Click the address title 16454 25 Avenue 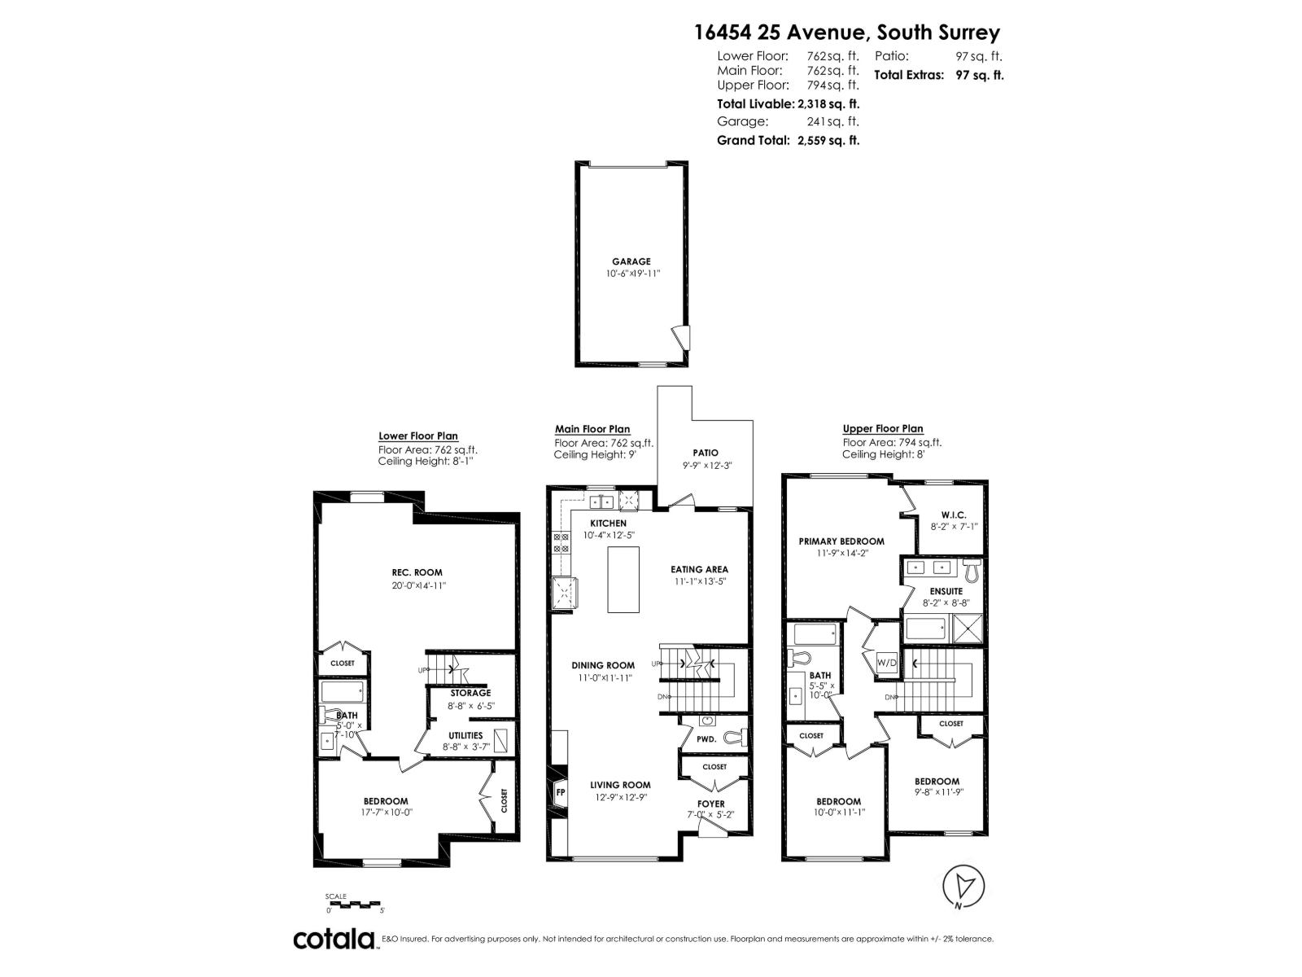click(846, 33)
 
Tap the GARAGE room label click(631, 261)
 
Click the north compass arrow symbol click(964, 886)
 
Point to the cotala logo click(334, 939)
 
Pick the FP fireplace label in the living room click(561, 792)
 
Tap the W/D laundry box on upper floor click(886, 663)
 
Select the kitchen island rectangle click(623, 579)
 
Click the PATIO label click(706, 453)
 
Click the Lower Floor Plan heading click(418, 436)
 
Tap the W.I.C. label click(953, 515)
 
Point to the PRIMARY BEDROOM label click(841, 541)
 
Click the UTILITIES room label click(465, 735)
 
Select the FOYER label click(711, 804)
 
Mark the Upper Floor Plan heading click(883, 428)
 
